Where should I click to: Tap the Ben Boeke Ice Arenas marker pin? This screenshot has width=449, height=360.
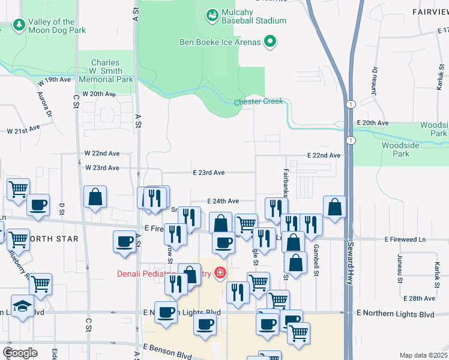coord(271,41)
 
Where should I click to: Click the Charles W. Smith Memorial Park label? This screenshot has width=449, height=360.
coord(106,71)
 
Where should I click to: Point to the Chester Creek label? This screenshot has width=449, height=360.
coord(258,101)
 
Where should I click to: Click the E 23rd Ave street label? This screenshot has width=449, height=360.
coord(209,173)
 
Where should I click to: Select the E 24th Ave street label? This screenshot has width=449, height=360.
coord(223,201)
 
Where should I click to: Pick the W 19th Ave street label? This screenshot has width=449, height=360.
coord(55,80)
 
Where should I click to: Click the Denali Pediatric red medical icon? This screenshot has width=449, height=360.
coord(220,274)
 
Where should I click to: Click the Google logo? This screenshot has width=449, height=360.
coord(20,353)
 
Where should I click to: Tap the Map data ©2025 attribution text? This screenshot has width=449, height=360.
coord(423,355)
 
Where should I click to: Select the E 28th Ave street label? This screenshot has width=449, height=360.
coord(420,298)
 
